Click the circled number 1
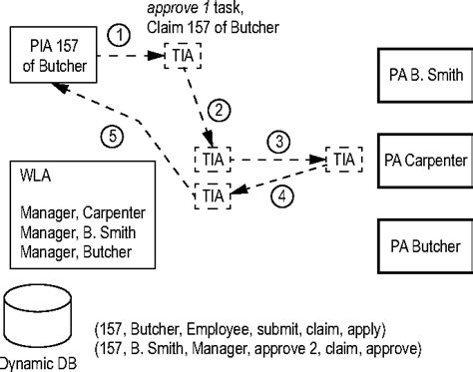coord(119,35)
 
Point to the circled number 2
coord(222,109)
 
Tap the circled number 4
coord(282,195)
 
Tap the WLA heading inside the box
coord(36,181)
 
